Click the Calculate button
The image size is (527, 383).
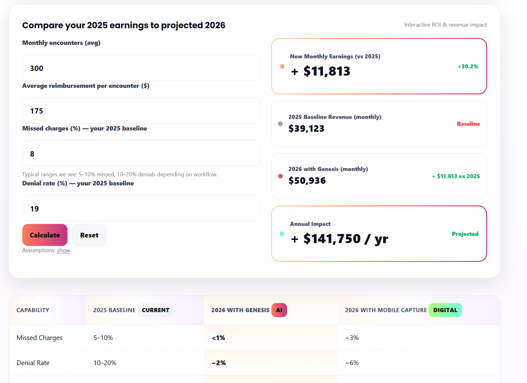45,235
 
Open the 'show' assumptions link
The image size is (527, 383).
63,250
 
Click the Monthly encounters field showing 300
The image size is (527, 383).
141,68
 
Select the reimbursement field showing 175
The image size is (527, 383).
141,111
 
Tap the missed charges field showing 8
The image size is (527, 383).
141,153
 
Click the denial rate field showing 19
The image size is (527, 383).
141,208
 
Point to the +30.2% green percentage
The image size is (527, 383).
468,66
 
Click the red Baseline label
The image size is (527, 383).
468,124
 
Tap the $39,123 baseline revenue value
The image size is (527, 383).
306,129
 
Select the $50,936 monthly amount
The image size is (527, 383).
307,181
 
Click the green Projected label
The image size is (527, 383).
465,234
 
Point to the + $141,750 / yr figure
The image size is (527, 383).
340,239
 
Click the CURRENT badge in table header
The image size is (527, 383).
155,310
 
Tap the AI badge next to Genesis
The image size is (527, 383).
279,310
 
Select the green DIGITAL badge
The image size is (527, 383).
445,310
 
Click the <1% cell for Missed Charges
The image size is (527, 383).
218,338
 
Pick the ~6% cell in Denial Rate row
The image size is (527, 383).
352,363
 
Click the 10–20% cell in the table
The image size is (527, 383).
105,363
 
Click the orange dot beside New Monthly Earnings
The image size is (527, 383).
282,66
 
